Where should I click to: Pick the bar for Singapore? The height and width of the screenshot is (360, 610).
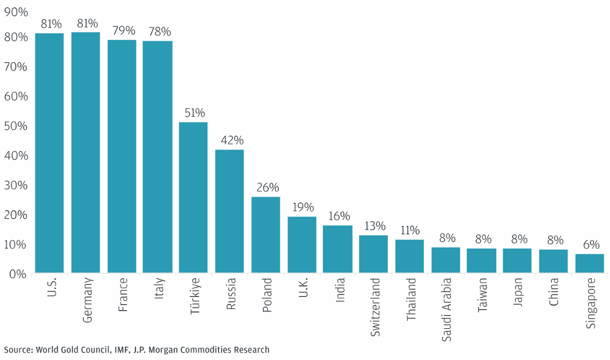tap(590, 263)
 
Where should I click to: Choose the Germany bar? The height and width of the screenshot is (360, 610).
tap(86, 152)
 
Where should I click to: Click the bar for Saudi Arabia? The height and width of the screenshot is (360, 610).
tap(446, 260)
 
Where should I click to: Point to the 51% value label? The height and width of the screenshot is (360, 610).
tap(194, 113)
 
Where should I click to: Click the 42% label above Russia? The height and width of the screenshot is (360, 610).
tap(230, 140)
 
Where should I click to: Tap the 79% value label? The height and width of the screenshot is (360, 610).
tap(122, 31)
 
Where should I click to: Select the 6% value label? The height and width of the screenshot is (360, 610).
tap(591, 245)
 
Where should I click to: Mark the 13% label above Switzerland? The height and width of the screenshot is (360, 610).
tap(375, 226)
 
